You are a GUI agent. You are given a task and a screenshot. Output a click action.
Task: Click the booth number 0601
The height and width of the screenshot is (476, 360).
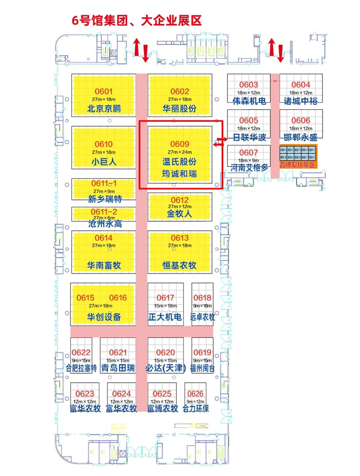[x=104, y=91]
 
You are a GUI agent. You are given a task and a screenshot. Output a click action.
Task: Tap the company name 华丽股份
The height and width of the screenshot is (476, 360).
[x=179, y=109]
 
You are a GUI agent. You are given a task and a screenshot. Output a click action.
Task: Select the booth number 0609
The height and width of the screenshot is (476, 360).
[x=180, y=144]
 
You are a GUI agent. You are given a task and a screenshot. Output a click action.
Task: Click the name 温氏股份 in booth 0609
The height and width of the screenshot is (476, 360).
[x=179, y=162]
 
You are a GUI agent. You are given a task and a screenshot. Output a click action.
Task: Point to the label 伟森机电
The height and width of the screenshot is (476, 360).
[x=249, y=101]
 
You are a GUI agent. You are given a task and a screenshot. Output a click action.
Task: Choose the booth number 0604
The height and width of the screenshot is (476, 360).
[x=301, y=85]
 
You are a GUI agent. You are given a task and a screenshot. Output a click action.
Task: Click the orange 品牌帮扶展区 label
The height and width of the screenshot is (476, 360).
[x=297, y=165]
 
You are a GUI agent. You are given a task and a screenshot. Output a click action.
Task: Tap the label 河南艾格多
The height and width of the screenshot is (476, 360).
[x=249, y=168]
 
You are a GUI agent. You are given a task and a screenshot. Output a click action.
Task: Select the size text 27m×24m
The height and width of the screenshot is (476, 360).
[x=180, y=152]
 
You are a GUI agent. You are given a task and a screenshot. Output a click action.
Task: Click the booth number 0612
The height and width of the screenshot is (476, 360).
[x=180, y=200]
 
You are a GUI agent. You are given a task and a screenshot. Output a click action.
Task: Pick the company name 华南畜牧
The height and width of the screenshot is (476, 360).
[x=104, y=265]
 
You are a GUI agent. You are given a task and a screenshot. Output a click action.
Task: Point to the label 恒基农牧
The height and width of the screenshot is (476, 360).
[x=179, y=265]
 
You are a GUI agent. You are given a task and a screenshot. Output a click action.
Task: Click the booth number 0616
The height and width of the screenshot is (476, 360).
[x=118, y=297]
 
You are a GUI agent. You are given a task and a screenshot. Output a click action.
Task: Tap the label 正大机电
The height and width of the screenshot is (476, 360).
[x=165, y=317]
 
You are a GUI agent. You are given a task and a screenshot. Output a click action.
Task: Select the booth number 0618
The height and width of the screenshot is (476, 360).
[x=202, y=297]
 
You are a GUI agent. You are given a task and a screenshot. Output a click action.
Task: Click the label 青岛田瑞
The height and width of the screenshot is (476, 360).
[x=118, y=368]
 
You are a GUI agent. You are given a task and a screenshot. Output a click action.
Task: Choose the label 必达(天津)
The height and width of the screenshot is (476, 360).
[x=165, y=368]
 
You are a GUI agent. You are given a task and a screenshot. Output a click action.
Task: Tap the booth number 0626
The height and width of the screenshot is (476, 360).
[x=195, y=394]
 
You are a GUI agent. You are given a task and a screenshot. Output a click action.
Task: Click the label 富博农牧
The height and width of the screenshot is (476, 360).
[x=163, y=408]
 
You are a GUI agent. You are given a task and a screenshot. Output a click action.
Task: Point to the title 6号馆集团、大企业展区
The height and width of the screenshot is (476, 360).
[x=137, y=21]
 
